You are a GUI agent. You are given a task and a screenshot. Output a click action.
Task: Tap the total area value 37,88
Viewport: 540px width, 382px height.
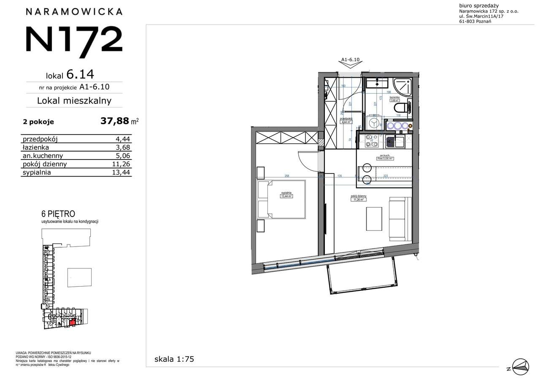coord(114,122)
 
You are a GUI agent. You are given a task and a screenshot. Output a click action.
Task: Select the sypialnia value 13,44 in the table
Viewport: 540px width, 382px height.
coord(123,172)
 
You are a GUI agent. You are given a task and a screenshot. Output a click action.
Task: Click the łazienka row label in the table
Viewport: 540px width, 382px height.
coord(36,148)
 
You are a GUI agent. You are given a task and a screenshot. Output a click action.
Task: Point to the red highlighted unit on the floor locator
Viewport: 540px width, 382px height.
coord(72,322)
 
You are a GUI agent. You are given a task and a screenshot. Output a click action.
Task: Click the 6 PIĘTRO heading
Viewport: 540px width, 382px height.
coord(58,214)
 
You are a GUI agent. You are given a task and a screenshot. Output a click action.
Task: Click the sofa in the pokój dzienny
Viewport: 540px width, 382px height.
coord(400,219)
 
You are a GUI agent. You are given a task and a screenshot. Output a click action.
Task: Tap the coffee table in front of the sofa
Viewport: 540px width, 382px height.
coord(375,219)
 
